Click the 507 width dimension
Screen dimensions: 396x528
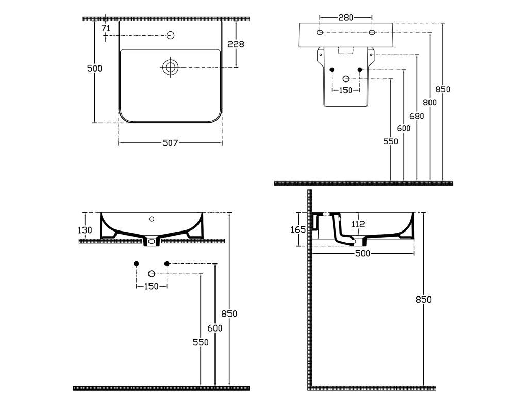170,143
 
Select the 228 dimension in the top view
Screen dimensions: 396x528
236,44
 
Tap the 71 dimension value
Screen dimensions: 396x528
106,28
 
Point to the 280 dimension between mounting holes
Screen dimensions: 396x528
345,18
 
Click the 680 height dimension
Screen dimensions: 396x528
417,116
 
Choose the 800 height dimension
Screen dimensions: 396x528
430,102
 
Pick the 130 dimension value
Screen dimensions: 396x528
86,230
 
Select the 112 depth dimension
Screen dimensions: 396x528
358,224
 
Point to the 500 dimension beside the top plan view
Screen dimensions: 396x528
94,69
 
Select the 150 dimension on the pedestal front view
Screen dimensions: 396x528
345,90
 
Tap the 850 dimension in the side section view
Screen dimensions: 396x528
423,300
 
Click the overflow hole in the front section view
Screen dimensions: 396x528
151,219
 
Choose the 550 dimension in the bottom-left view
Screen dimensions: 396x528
201,342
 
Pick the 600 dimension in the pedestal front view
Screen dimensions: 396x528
404,128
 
